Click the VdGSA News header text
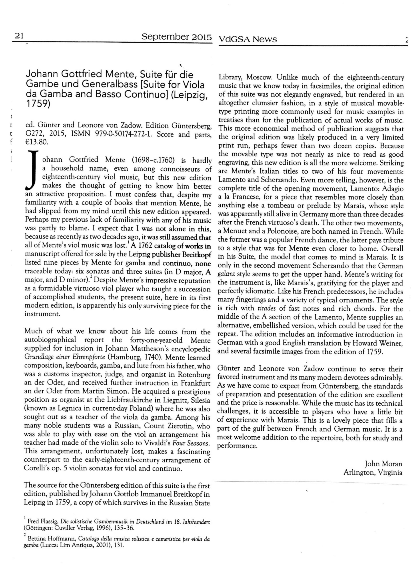tap(248, 39)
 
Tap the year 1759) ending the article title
tap(38, 104)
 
